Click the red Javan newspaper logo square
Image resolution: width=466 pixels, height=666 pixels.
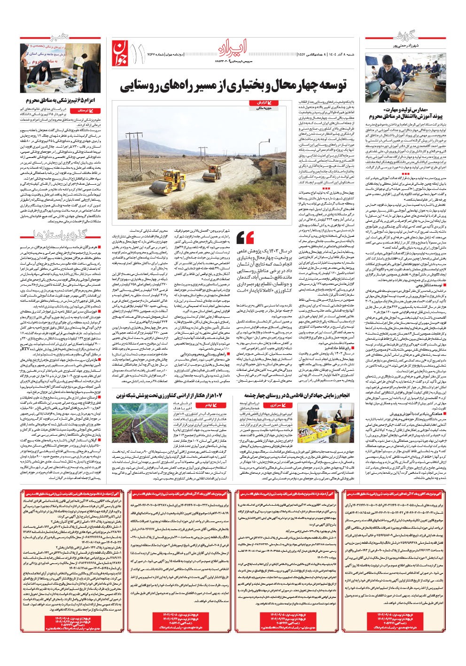click(x=119, y=52)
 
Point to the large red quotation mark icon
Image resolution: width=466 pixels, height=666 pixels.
click(x=246, y=237)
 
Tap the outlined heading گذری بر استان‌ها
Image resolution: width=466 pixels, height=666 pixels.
click(x=54, y=234)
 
